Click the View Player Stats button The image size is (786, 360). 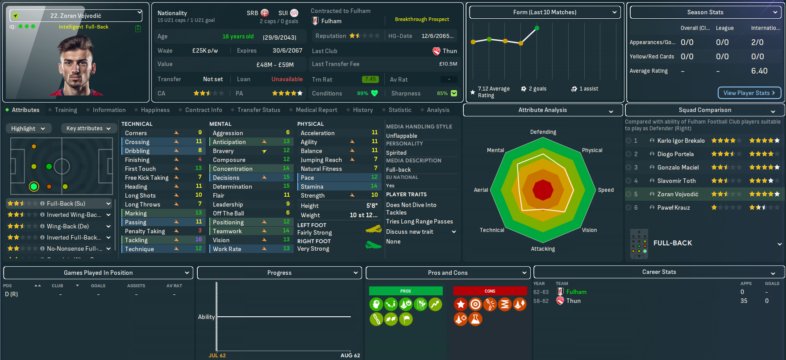pos(749,93)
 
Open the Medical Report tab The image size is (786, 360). pos(316,110)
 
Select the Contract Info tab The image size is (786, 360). pos(203,110)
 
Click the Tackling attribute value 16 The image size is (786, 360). pos(199,240)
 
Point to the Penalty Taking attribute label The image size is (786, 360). pos(145,231)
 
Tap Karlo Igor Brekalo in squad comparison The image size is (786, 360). pos(681,141)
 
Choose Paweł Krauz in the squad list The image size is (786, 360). pos(673,207)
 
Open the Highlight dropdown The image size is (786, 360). pos(28,128)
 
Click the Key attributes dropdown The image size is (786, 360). pos(88,128)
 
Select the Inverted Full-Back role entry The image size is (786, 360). pos(74,237)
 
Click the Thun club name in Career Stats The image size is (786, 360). pos(574,301)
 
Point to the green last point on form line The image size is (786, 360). pos(536,28)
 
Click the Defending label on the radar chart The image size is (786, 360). pos(543,132)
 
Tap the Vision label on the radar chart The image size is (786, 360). pos(589,230)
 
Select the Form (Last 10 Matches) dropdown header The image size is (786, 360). pos(545,12)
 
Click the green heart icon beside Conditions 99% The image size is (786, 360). pos(374,93)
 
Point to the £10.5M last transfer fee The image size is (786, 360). pos(448,64)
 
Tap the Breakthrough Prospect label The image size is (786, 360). pos(422,19)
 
